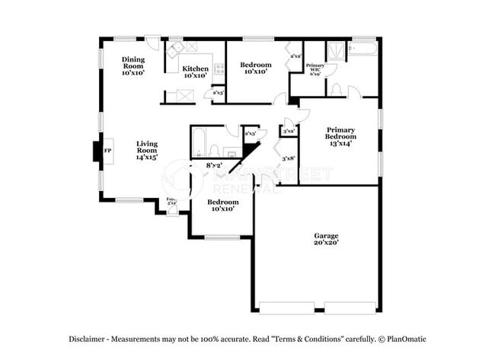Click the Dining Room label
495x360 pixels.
click(133, 66)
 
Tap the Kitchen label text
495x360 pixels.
click(195, 72)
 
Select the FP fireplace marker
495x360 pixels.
click(107, 151)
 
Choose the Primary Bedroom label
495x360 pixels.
click(340, 138)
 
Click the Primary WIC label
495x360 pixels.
click(315, 69)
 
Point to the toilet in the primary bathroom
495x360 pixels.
click(337, 90)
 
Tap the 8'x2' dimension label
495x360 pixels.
click(214, 164)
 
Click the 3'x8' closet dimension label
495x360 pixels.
click(289, 158)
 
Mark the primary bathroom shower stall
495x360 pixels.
click(336, 51)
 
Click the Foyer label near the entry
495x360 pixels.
click(172, 202)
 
